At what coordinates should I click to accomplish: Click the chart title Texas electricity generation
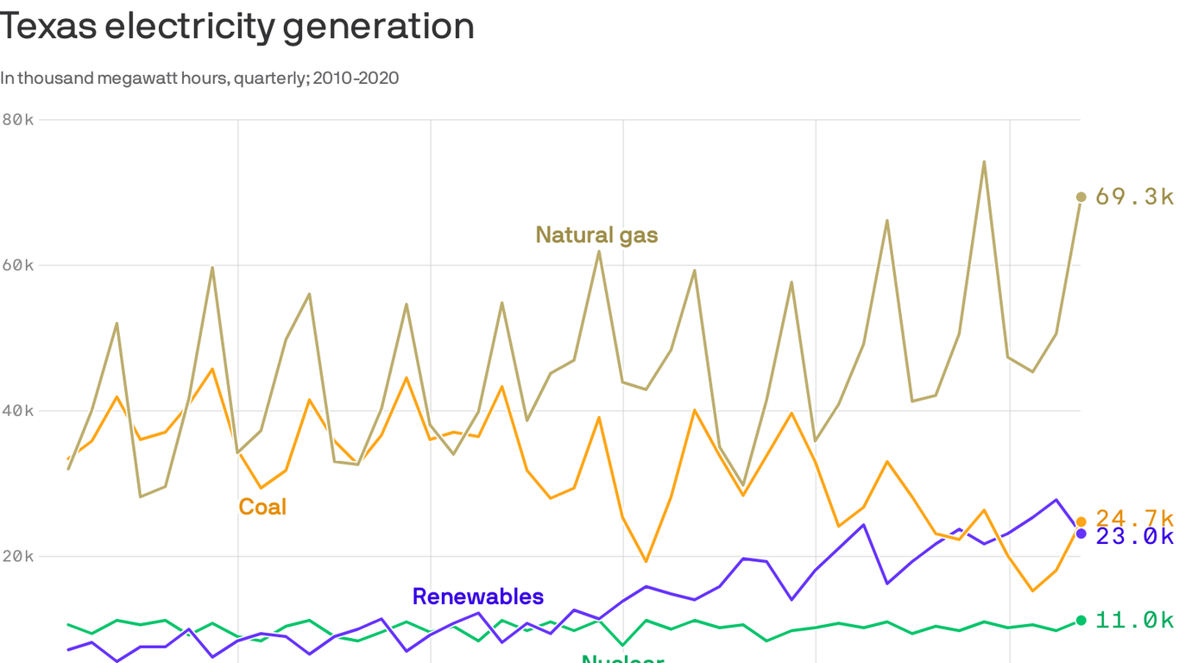click(x=237, y=26)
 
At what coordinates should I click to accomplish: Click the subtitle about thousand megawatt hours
click(x=199, y=79)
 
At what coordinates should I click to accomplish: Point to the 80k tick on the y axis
click(x=17, y=120)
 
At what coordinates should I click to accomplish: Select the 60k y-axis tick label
click(x=17, y=265)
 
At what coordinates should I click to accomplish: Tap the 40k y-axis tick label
click(x=17, y=411)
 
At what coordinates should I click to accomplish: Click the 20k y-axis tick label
click(x=17, y=556)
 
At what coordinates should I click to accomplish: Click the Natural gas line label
click(x=596, y=235)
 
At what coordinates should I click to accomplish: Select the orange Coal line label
click(x=262, y=507)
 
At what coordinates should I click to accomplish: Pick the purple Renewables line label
click(x=477, y=597)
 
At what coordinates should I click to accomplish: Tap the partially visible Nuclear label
click(x=622, y=658)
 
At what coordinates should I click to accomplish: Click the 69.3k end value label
click(x=1134, y=198)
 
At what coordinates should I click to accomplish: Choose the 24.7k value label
click(x=1134, y=518)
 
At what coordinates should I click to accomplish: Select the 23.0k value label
click(x=1134, y=537)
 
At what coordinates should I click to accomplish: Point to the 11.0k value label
click(x=1134, y=620)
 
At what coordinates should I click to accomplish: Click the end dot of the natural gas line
click(x=1081, y=198)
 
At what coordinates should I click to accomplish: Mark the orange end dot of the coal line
click(x=1081, y=522)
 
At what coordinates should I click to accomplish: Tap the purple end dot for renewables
click(x=1081, y=534)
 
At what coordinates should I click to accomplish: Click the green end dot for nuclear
click(x=1081, y=620)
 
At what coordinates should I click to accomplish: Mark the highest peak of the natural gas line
click(x=983, y=162)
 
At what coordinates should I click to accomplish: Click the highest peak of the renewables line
click(x=1056, y=500)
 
